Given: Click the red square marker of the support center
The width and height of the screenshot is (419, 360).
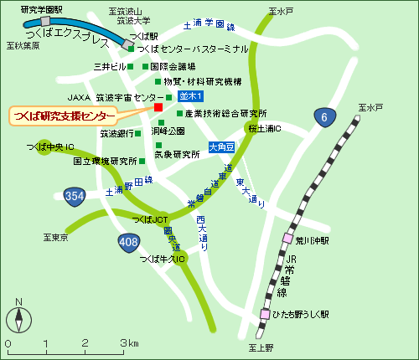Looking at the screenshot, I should click(158, 107).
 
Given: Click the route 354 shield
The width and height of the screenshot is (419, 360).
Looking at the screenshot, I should click(74, 196).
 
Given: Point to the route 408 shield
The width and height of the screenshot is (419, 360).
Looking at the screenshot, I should click(129, 243).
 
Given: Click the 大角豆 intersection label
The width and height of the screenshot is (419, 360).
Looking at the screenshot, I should click(221, 147).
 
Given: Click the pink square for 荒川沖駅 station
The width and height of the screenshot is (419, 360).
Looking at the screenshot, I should click(287, 239).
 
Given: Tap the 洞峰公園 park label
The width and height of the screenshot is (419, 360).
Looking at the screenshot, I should click(168, 131).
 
